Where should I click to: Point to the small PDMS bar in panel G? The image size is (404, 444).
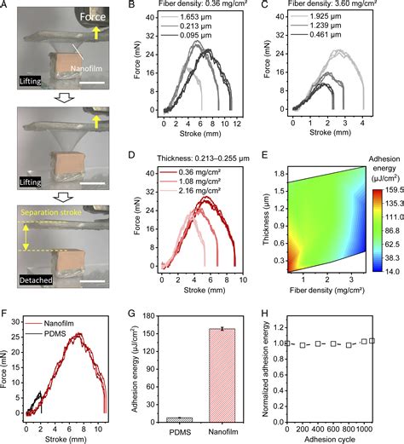point(179,418)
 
